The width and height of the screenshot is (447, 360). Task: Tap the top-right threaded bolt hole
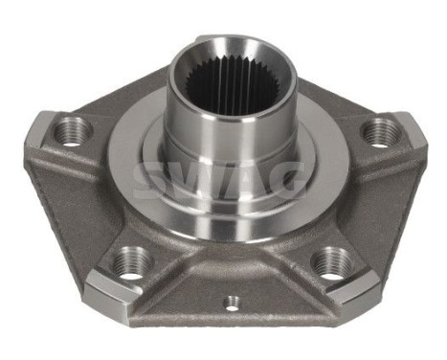click(x=380, y=131)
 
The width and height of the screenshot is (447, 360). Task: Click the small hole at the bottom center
click(x=231, y=304)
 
